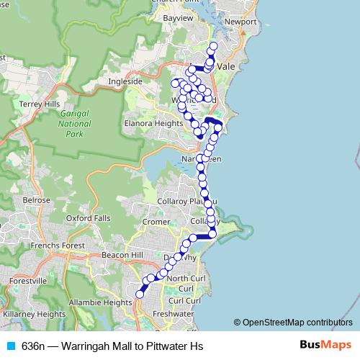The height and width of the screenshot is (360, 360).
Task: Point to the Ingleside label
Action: click(x=125, y=81)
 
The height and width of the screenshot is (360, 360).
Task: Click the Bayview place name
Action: click(x=179, y=17)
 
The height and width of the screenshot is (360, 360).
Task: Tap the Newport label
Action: click(x=240, y=22)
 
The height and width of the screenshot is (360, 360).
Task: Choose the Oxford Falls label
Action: click(x=89, y=217)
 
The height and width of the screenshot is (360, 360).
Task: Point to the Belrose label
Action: click(x=36, y=200)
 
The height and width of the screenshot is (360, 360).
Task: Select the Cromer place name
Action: click(x=156, y=222)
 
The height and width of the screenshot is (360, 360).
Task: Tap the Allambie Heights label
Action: click(x=100, y=303)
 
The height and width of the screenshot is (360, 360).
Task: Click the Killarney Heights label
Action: click(x=34, y=314)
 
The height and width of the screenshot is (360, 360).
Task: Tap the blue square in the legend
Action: click(x=10, y=346)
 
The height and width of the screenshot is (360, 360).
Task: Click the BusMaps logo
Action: click(x=318, y=346)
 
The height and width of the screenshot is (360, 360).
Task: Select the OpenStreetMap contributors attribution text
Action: click(x=297, y=323)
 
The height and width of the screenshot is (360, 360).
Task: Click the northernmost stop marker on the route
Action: click(x=212, y=48)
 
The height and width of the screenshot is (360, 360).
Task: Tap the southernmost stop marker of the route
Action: click(x=140, y=293)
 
